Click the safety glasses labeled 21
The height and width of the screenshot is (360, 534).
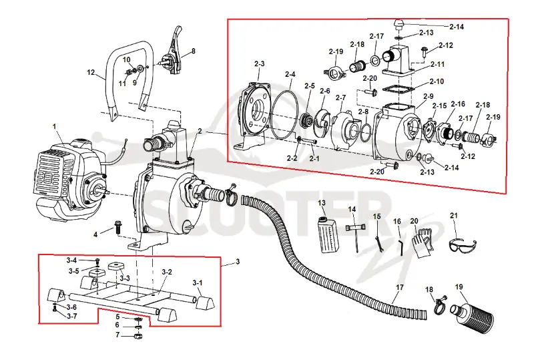(x=463, y=245)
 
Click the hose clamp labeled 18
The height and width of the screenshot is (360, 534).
(x=440, y=305)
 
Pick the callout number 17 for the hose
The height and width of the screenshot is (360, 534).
(x=399, y=287)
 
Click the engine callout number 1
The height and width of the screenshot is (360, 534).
(x=55, y=127)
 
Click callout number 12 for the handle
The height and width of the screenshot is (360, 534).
(x=91, y=72)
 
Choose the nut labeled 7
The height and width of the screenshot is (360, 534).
(x=138, y=335)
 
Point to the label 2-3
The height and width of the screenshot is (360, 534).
(x=259, y=63)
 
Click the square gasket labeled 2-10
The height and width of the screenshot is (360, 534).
(x=398, y=89)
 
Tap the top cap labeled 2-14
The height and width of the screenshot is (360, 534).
(x=398, y=25)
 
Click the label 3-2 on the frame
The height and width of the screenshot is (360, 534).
(x=167, y=272)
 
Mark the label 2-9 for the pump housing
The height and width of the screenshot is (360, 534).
(x=428, y=96)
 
